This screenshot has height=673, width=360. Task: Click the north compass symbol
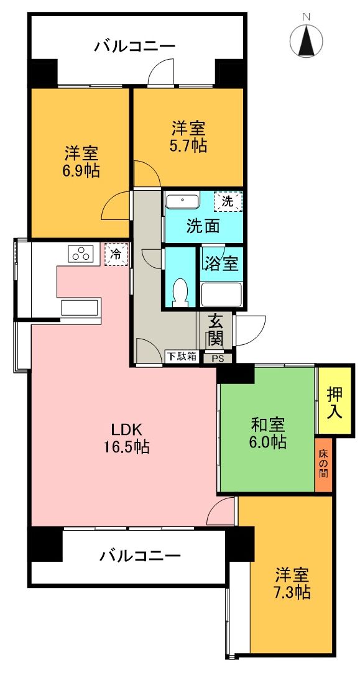coord(306,40)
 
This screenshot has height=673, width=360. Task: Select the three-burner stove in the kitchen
coord(81,254)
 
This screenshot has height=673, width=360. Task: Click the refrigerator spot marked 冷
coord(116,254)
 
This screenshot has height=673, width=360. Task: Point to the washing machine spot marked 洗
coord(228,201)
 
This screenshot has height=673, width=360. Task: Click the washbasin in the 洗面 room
coord(182,201)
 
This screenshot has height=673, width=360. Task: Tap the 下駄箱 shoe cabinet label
coord(182,357)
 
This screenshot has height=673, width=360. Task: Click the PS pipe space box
coord(218,358)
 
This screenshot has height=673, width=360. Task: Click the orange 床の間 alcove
coord(324,464)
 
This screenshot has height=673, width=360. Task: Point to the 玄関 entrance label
coord(216,331)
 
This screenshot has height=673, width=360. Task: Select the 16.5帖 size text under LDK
coord(127,446)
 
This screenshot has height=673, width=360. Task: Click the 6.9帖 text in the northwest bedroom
coord(81,171)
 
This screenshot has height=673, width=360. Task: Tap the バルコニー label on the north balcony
coord(135,46)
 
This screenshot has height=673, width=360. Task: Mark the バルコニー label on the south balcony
coord(141,555)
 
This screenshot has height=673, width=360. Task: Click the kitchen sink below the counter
coord(80,308)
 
